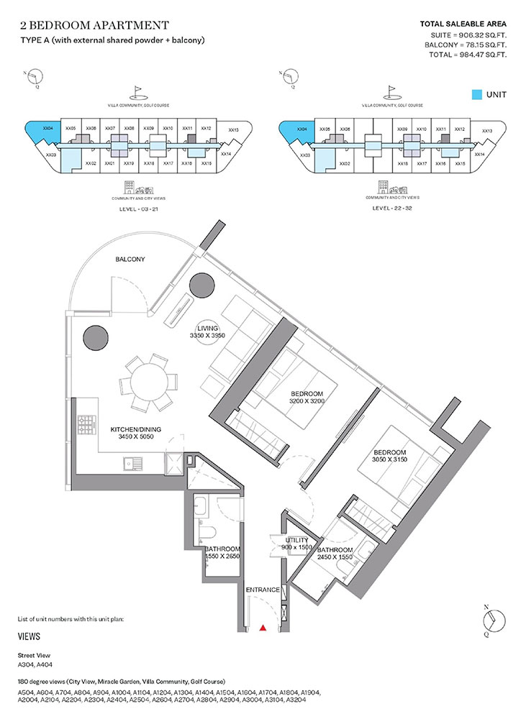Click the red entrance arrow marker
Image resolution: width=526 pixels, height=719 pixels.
click(x=263, y=628)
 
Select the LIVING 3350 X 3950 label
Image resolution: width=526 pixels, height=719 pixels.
click(x=207, y=331)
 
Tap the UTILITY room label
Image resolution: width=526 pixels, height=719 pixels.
click(x=296, y=544)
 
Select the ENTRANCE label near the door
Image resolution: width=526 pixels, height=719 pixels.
click(x=263, y=590)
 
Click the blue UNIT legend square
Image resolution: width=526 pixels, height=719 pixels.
click(x=476, y=95)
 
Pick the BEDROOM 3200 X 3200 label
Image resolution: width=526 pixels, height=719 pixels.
click(x=307, y=398)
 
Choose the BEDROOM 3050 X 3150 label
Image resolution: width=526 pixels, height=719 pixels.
click(x=389, y=457)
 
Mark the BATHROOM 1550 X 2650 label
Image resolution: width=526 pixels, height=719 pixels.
click(x=222, y=553)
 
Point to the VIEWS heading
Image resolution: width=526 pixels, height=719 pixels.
click(x=29, y=636)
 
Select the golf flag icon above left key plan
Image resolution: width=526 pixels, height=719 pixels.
click(x=137, y=92)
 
